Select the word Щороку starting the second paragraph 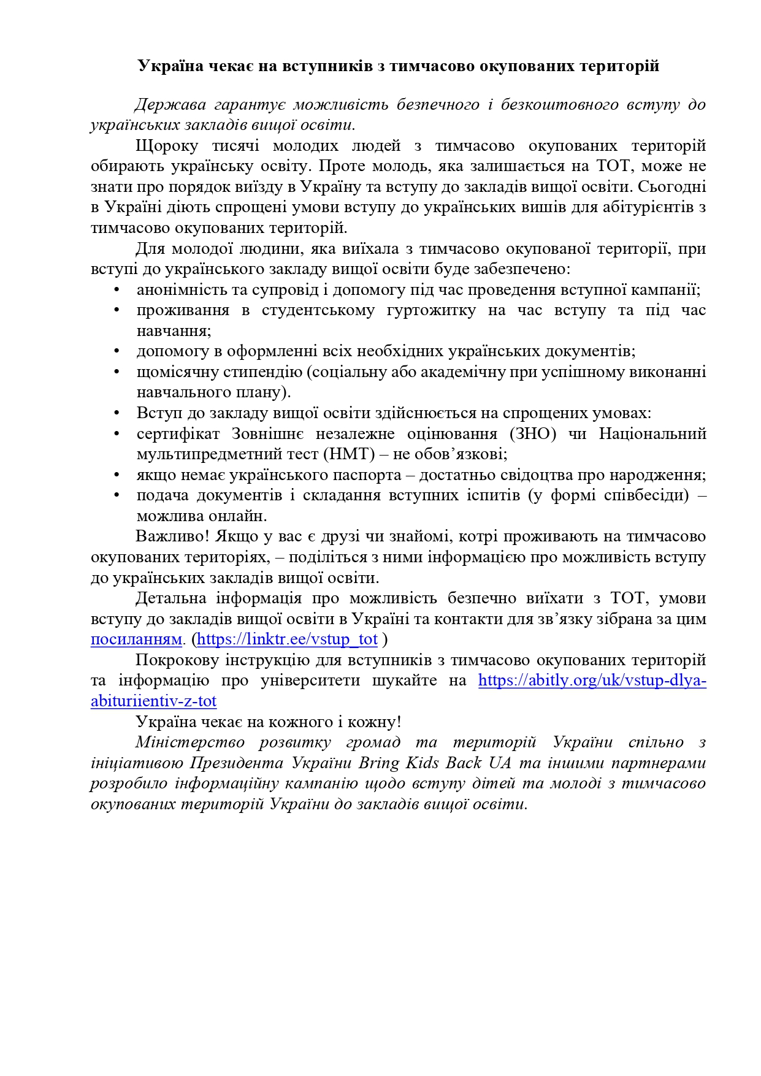166,146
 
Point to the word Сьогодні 671,187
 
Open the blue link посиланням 136,639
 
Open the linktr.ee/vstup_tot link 287,639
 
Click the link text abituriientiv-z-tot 153,701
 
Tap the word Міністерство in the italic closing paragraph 189,742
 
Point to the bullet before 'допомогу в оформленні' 117,352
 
